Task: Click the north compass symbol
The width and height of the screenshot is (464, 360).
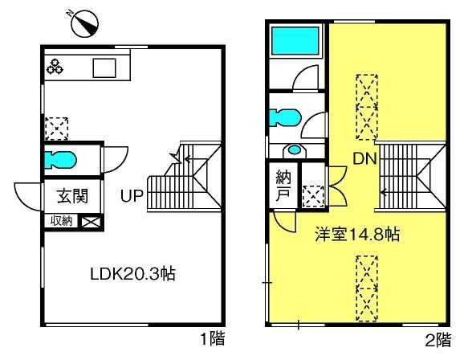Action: pos(84,23)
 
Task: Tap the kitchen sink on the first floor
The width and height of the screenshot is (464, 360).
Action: pos(104,67)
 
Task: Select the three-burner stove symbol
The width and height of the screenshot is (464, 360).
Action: pos(55,67)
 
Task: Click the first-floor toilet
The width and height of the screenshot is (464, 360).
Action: pos(60,160)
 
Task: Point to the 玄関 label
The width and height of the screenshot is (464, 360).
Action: pos(72,196)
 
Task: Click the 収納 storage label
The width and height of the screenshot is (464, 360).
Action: pos(61,221)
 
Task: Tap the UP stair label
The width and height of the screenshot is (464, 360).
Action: pos(132,195)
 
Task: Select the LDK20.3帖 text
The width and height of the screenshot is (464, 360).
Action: pos(132,274)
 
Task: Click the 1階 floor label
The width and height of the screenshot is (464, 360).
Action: pos(213,338)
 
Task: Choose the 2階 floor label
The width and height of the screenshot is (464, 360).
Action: pos(438,340)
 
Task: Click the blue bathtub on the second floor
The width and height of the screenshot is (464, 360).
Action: pos(295,41)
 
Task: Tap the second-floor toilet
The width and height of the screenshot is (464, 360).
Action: pos(285,117)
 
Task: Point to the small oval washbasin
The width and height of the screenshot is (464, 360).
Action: pos(294,149)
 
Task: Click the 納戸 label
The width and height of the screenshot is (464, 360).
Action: pos(283,186)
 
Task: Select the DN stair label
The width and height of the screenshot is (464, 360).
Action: pos(365,159)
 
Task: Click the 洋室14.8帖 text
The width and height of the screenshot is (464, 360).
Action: pos(357,235)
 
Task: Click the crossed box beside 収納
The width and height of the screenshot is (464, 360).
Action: pos(91,222)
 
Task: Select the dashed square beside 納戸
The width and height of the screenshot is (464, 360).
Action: pos(313,196)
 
